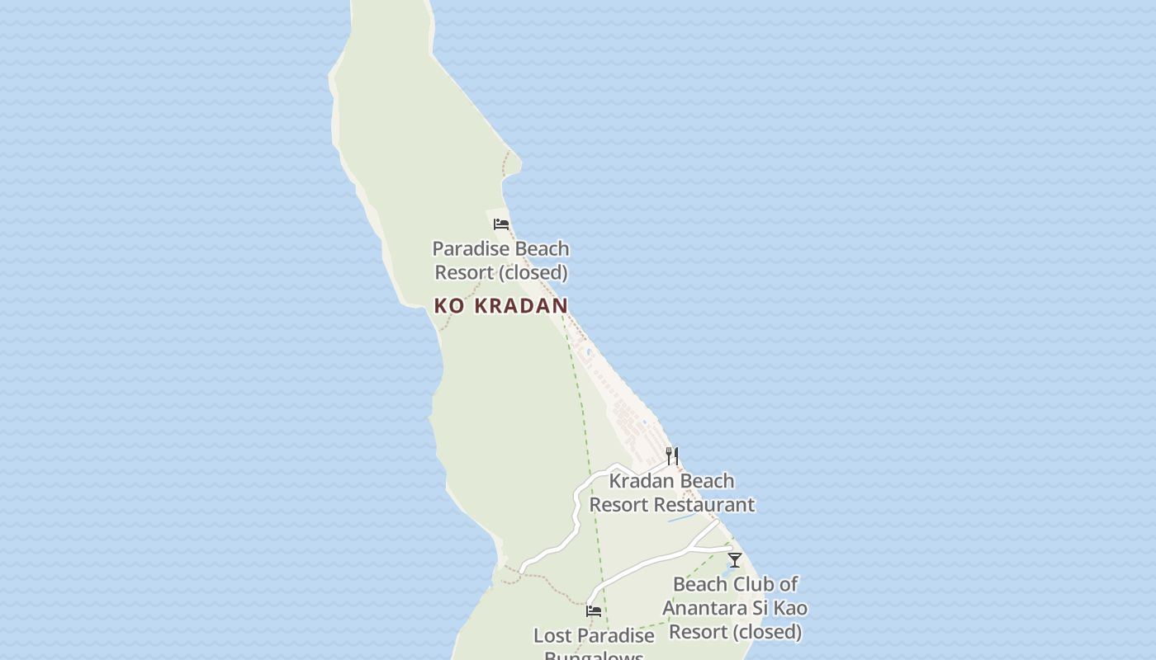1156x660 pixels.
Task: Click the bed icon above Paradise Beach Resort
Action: [500, 224]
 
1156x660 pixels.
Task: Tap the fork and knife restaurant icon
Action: [672, 455]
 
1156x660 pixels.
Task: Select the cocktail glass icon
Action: [734, 560]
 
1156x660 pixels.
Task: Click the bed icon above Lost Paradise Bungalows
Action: [593, 611]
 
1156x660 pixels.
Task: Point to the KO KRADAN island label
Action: [500, 305]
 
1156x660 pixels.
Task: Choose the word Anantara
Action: [702, 608]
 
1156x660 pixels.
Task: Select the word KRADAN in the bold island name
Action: [521, 305]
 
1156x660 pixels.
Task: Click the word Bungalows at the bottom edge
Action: [593, 656]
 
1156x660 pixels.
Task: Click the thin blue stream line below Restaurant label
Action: [681, 519]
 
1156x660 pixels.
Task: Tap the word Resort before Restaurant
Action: [615, 504]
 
